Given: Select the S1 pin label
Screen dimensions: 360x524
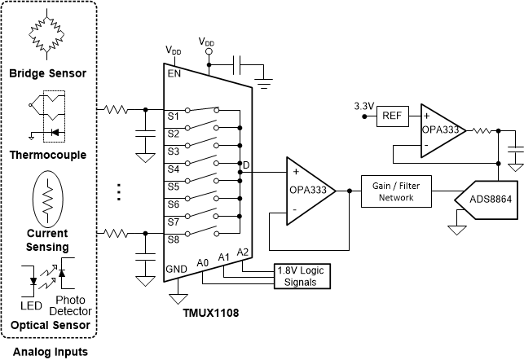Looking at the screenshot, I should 174,116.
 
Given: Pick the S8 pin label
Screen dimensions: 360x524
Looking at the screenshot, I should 174,239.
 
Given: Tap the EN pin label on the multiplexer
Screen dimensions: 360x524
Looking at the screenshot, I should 174,72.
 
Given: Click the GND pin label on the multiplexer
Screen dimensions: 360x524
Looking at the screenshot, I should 177,268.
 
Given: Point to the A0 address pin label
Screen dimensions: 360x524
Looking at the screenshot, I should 203,262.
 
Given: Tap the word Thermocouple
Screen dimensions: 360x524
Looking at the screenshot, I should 48,155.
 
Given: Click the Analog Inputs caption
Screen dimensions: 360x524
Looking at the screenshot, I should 48,352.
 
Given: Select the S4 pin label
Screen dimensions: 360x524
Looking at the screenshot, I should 174,169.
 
